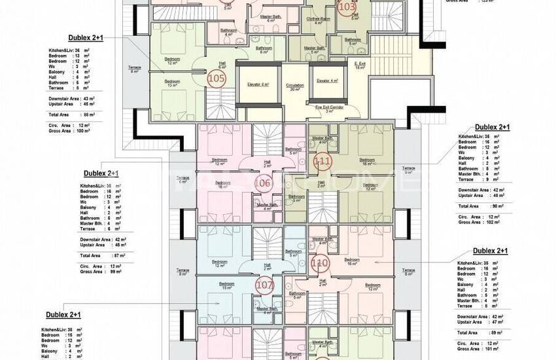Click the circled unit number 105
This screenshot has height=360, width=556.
point(217,79)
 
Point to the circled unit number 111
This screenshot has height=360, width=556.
point(322,160)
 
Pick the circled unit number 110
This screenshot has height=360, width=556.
point(320,264)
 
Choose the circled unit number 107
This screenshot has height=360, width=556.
point(264,285)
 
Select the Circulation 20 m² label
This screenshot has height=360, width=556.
point(295,88)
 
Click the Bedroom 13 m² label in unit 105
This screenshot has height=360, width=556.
point(173,83)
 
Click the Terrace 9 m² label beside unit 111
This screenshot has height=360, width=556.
point(409,170)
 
